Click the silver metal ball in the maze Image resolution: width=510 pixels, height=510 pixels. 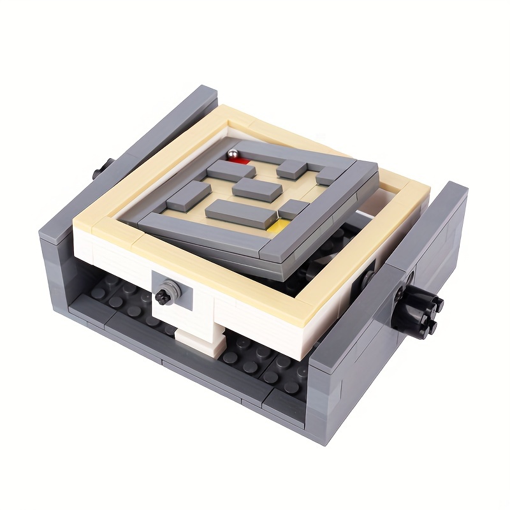point(233,155)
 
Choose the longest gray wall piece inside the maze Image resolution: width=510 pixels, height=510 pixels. point(241,212)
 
